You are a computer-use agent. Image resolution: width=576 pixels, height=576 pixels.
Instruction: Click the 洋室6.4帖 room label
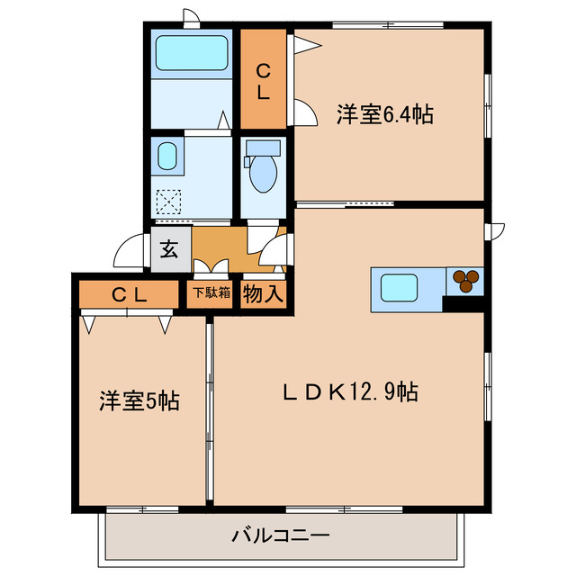[385, 115]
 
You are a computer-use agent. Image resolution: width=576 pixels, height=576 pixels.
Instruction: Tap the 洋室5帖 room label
[139, 401]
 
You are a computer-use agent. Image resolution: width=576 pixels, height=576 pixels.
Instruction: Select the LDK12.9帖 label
[350, 392]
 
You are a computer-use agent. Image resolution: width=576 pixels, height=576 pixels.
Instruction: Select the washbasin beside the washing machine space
[167, 158]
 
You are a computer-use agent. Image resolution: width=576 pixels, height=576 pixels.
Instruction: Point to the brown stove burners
[466, 281]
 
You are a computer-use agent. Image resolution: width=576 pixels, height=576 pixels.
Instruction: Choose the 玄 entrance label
[168, 251]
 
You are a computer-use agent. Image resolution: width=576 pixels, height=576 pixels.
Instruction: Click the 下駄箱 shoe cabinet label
[210, 292]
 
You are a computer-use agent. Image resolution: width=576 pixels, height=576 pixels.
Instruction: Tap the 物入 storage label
[263, 292]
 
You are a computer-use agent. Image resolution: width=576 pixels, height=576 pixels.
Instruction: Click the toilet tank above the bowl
[263, 148]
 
